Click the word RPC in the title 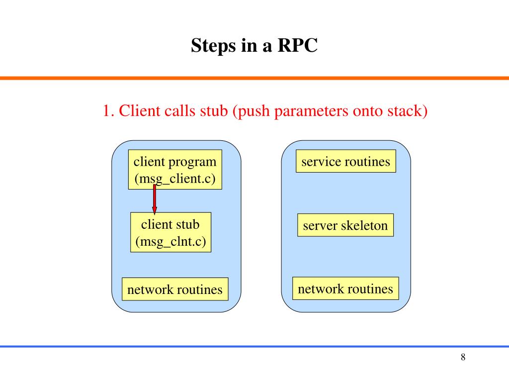297,45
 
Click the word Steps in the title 213,46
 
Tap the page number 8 463,357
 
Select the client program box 175,169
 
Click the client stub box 171,232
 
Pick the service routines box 346,161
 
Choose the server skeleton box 345,225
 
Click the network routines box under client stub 175,289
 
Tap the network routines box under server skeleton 345,288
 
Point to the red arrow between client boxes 155,199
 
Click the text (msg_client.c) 175,179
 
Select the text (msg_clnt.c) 171,242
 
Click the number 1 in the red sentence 106,111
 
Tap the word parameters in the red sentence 311,111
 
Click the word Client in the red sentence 140,111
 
